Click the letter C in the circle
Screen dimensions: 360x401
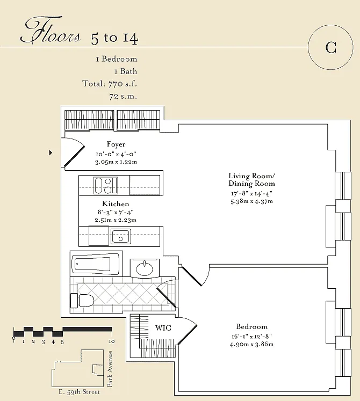(x=330, y=47)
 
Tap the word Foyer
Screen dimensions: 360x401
(x=116, y=144)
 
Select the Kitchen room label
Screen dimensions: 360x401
(x=116, y=204)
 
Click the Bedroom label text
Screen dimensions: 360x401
(x=251, y=326)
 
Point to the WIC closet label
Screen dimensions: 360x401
(x=163, y=328)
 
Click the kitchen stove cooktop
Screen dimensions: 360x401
(x=105, y=185)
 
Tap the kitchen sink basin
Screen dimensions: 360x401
(x=120, y=236)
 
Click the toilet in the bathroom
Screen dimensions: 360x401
(x=82, y=301)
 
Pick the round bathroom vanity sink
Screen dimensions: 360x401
(x=145, y=268)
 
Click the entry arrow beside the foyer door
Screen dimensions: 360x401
(x=51, y=152)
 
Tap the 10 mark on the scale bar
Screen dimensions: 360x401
(x=112, y=341)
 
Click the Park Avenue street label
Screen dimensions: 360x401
(x=110, y=369)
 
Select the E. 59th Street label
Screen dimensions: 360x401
(x=79, y=392)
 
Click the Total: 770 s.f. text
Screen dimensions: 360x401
(x=110, y=84)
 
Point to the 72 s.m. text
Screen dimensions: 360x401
(x=123, y=97)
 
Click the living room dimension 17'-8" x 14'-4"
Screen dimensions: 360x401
(x=251, y=193)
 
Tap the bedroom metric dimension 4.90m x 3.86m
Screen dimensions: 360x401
(x=251, y=344)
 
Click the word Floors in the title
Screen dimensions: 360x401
(x=50, y=30)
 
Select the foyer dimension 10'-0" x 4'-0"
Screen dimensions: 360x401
(x=116, y=154)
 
